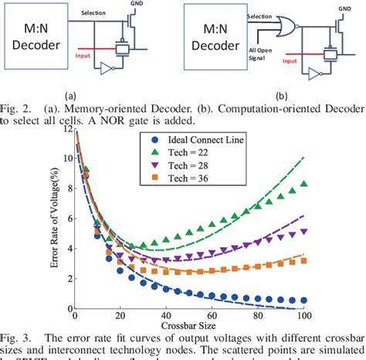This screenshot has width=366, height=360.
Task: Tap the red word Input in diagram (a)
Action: [86, 56]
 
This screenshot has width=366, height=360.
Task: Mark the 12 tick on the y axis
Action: [66, 131]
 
